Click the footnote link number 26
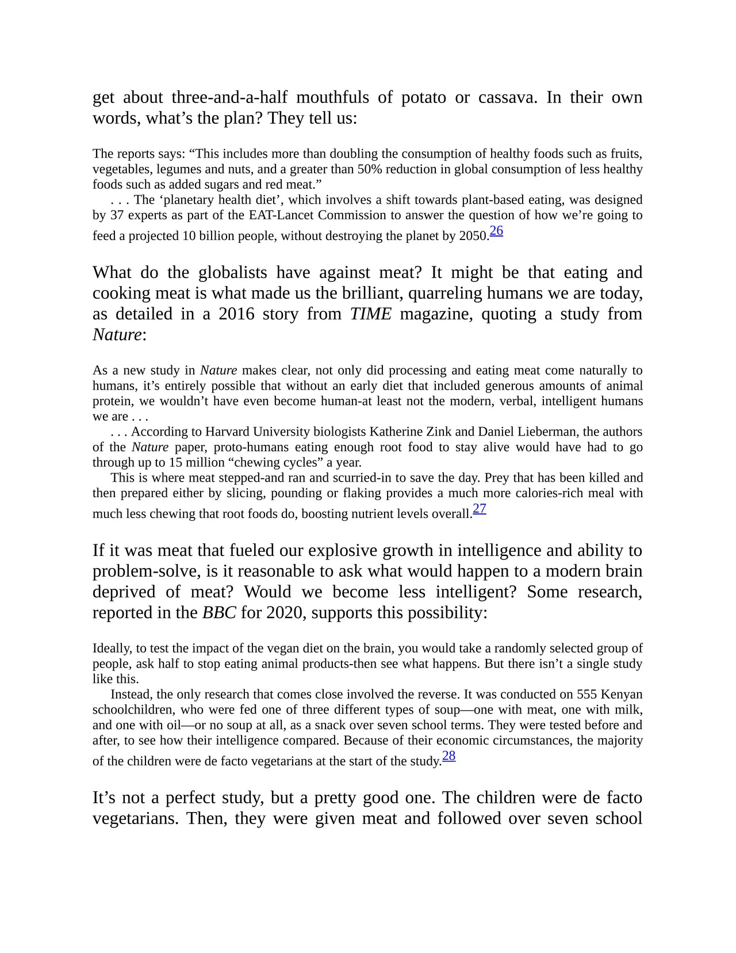496,231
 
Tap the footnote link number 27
480,509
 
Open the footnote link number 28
449,756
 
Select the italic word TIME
371,314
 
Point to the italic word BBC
219,613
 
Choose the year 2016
236,314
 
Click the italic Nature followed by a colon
117,335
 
